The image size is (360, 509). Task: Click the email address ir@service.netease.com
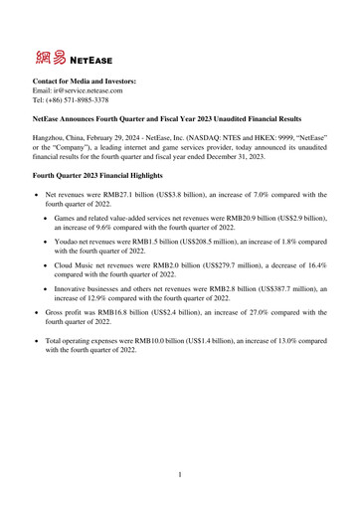point(87,88)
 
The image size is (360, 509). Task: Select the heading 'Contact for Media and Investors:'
point(85,78)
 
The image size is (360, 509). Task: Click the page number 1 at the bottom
point(180,475)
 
